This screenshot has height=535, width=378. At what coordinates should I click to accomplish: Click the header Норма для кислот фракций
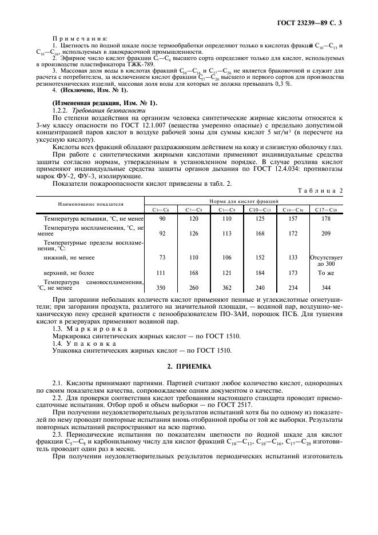pyautogui.click(x=243, y=201)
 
